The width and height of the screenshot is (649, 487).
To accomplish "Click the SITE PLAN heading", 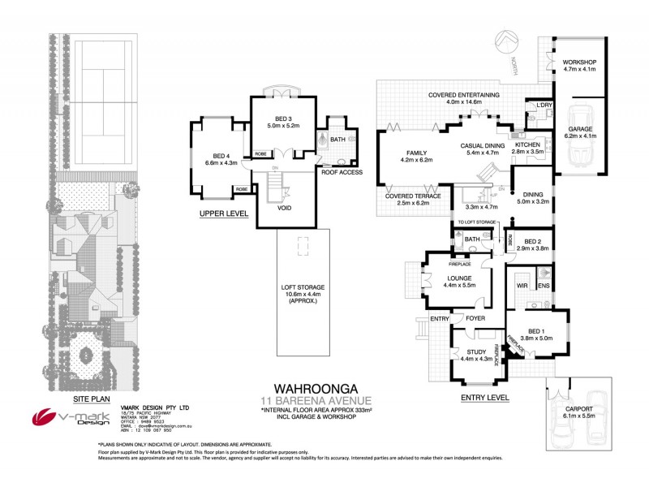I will [x=88, y=400].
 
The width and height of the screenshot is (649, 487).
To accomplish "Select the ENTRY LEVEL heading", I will [x=484, y=398].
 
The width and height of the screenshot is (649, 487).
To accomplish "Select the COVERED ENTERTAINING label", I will [x=464, y=95].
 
